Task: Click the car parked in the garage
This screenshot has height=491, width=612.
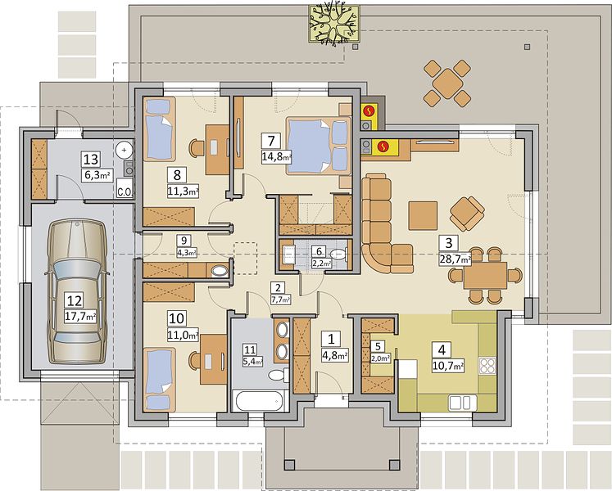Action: pyautogui.click(x=76, y=292)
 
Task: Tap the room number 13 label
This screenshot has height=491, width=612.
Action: pyautogui.click(x=91, y=160)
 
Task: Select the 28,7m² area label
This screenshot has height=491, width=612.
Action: pyautogui.click(x=455, y=259)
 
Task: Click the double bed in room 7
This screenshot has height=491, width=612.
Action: pyautogui.click(x=318, y=146)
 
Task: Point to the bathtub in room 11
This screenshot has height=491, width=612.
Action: pyautogui.click(x=260, y=401)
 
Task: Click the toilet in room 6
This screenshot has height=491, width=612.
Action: pyautogui.click(x=339, y=255)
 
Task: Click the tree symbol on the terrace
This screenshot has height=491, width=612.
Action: pyautogui.click(x=333, y=23)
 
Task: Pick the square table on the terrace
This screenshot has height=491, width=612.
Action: pyautogui.click(x=447, y=83)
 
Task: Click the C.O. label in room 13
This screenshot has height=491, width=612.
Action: pyautogui.click(x=125, y=191)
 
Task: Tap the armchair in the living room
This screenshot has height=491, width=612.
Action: pyautogui.click(x=467, y=214)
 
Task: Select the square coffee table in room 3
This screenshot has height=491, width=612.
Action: pyautogui.click(x=423, y=216)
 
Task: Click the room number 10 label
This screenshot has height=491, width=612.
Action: pyautogui.click(x=177, y=318)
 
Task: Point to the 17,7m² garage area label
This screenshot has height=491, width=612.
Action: pyautogui.click(x=80, y=317)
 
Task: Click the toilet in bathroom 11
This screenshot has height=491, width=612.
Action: pyautogui.click(x=278, y=375)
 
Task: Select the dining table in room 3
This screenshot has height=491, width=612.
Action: pyautogui.click(x=485, y=275)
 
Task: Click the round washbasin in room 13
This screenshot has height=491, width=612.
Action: pyautogui.click(x=124, y=150)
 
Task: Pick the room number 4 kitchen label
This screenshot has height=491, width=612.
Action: pyautogui.click(x=442, y=349)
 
